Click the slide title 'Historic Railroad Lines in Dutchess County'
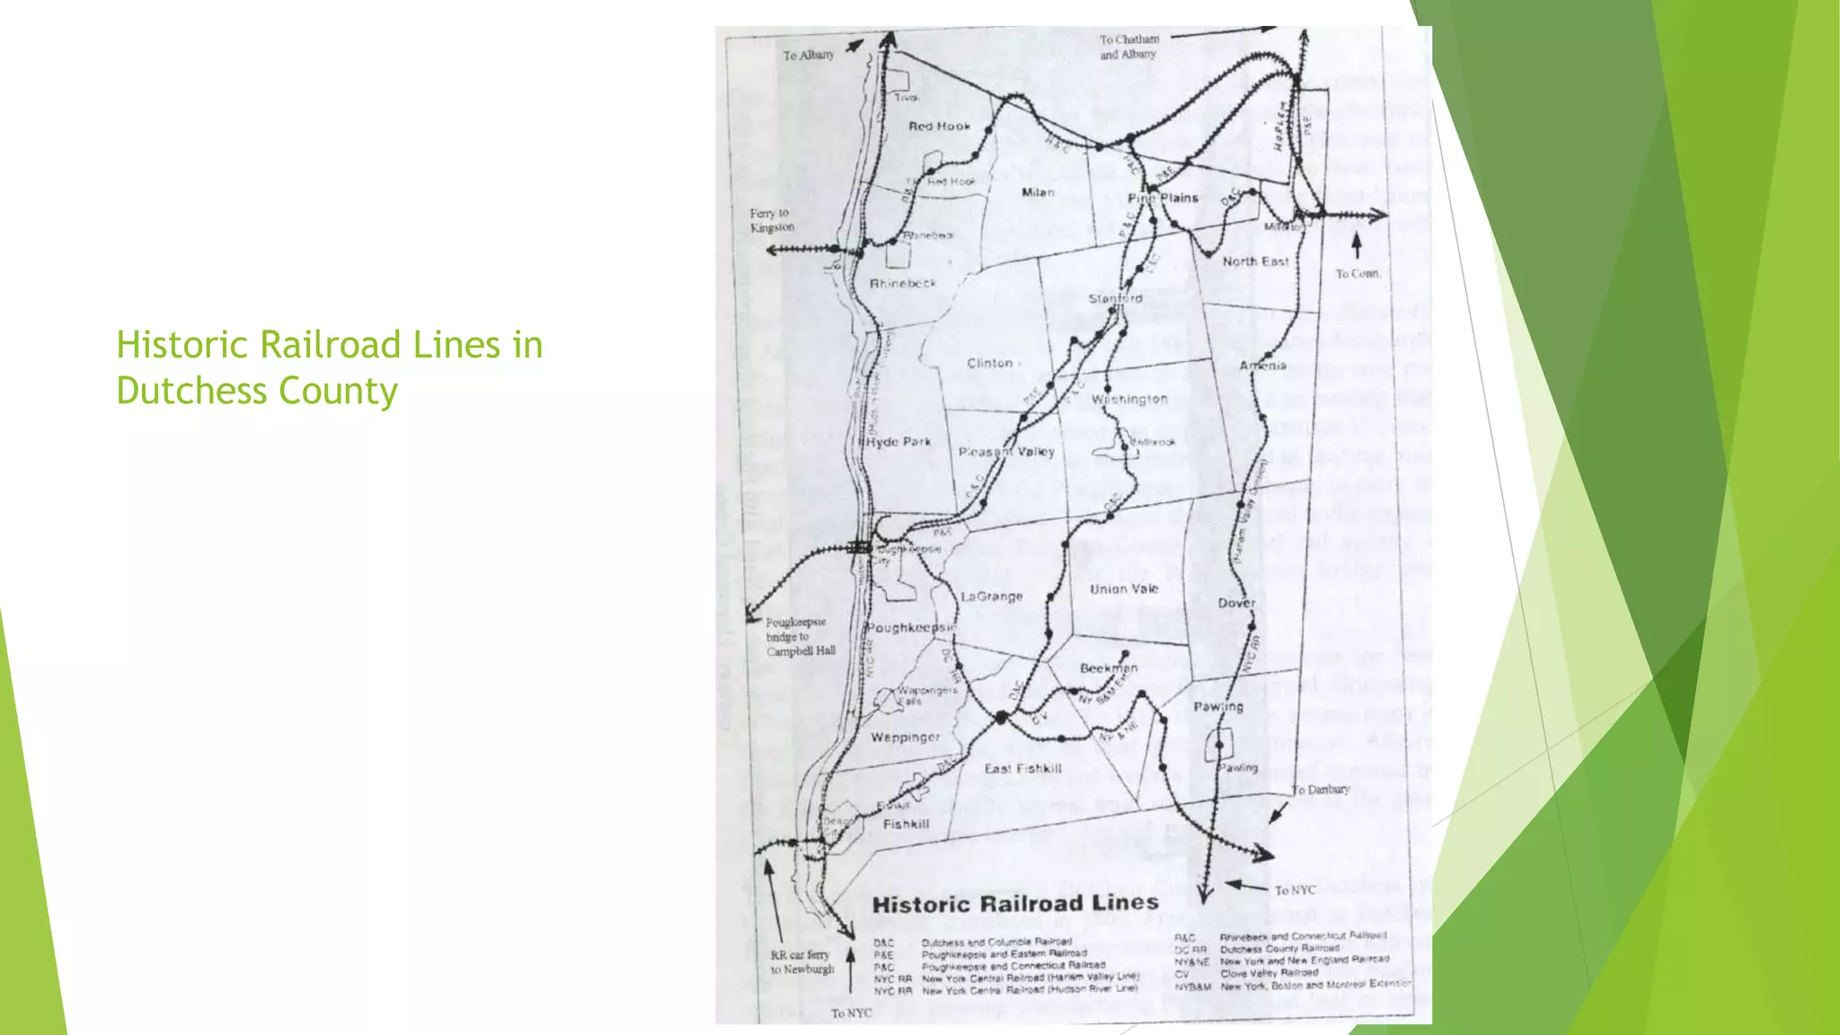pos(329,367)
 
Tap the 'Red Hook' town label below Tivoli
pos(939,127)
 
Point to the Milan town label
pos(1038,192)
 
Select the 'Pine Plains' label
pos(1163,198)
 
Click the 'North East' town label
pos(1255,261)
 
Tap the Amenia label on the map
pos(1263,366)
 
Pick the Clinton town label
pos(990,363)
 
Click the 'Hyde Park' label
pos(899,442)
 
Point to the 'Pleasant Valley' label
pos(1006,452)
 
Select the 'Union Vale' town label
pos(1124,589)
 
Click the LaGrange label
pos(992,597)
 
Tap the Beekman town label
pos(1109,668)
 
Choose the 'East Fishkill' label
pos(1022,769)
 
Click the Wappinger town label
pos(906,738)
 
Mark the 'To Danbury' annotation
pos(1321,790)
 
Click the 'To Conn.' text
pos(1358,274)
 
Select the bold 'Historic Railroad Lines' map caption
pos(1015,904)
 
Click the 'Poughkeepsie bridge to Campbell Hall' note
pos(800,636)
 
